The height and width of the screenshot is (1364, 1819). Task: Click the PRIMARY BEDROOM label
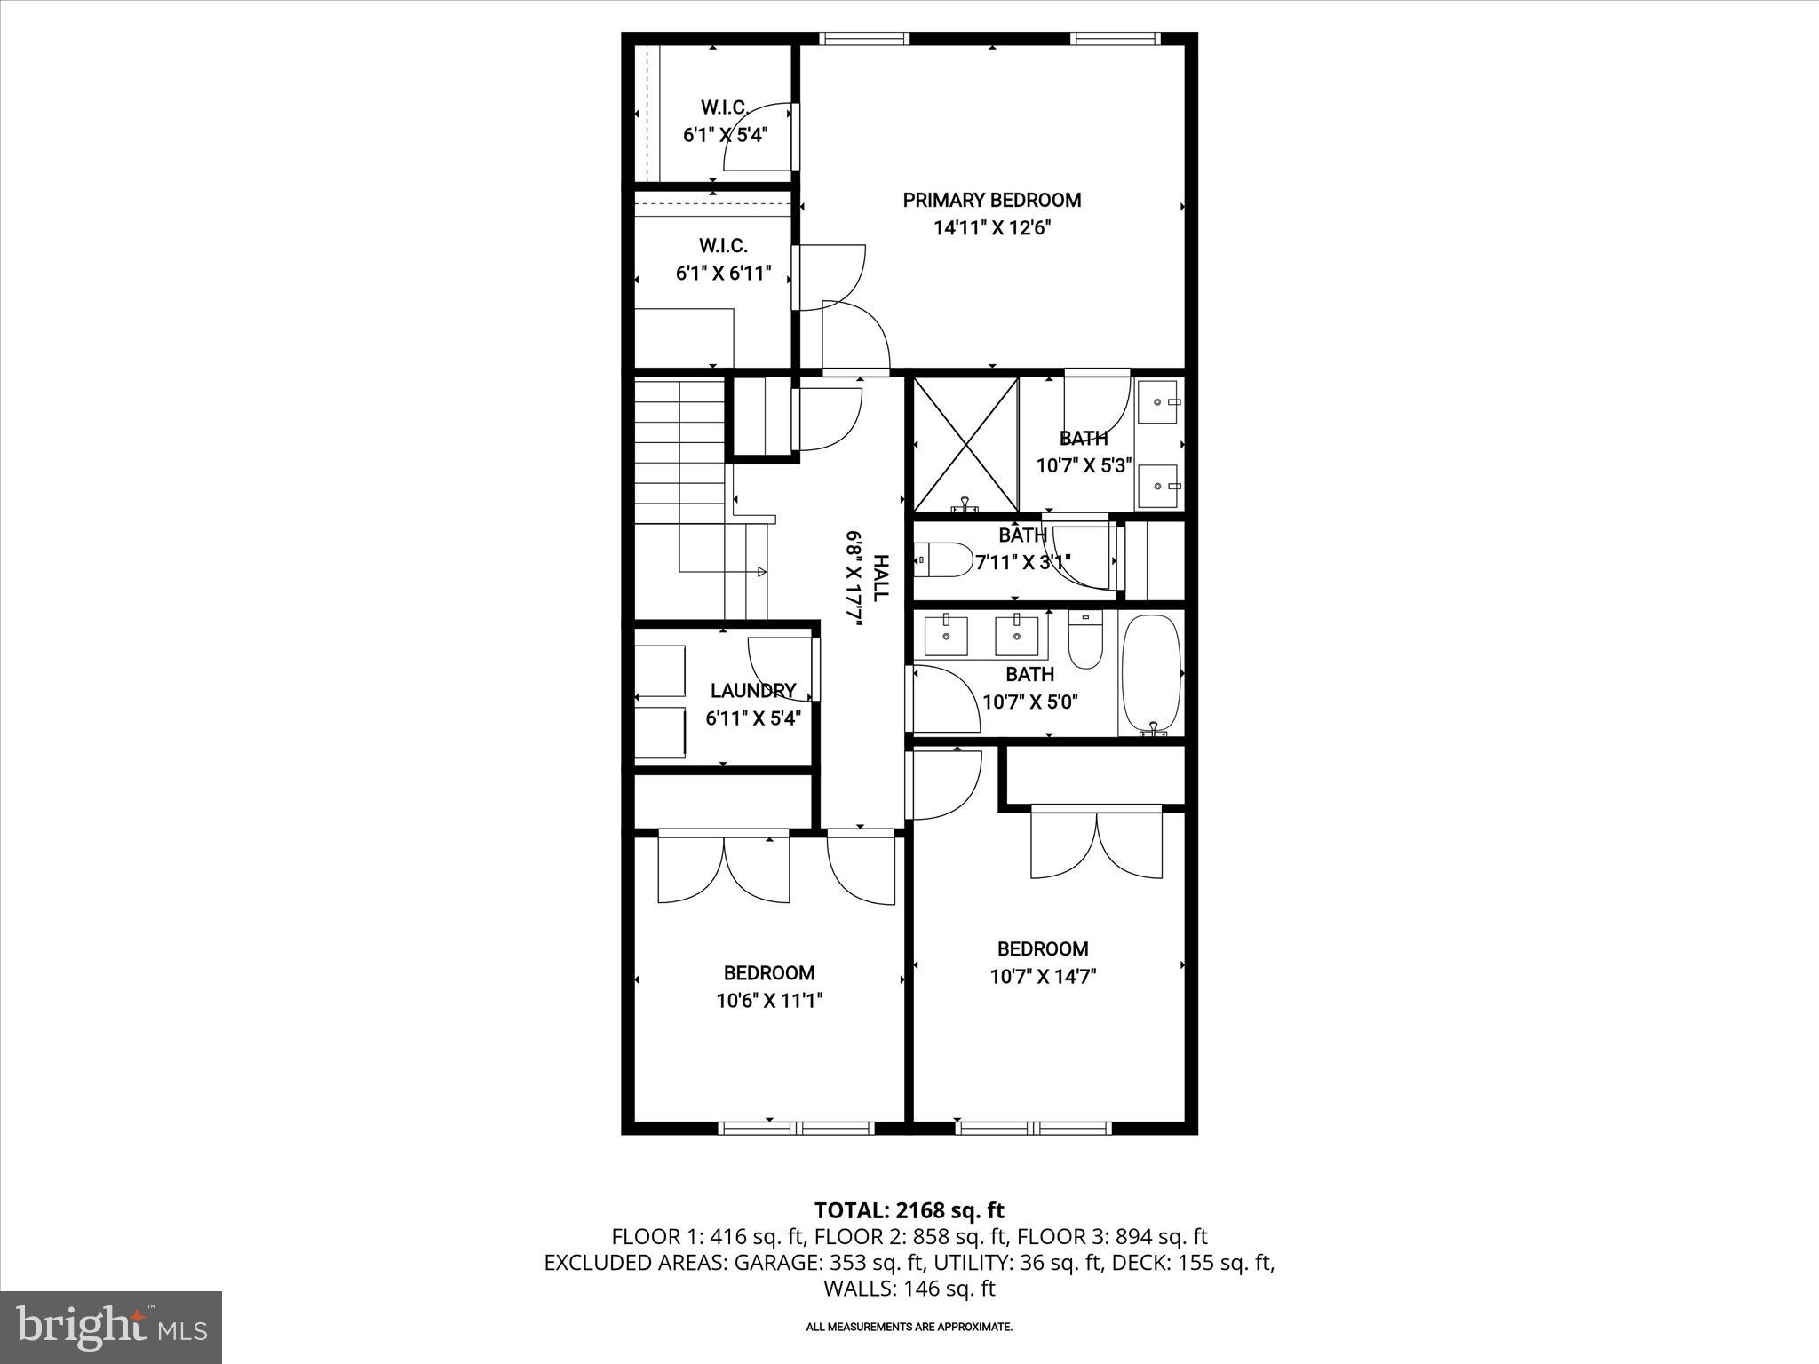pos(991,200)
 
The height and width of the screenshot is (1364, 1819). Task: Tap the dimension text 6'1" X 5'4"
pos(724,136)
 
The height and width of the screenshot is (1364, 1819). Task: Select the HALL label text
pos(880,578)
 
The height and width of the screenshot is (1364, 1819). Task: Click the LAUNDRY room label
pos(752,690)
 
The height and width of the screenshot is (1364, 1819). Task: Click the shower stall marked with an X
pos(965,444)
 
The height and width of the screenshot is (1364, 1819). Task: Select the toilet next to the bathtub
pos(1084,640)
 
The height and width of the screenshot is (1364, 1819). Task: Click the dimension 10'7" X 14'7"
pos(1043,977)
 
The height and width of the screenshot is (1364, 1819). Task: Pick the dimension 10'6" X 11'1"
pos(769,1001)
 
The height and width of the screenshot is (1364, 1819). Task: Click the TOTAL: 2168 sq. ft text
pos(909,1210)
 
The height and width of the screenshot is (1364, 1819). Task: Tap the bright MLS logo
pos(111,1327)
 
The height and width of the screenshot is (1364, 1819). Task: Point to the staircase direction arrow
pos(760,571)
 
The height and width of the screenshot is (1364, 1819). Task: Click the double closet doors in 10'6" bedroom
pos(724,870)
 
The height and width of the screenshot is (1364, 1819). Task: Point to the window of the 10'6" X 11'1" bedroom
pos(796,1128)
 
